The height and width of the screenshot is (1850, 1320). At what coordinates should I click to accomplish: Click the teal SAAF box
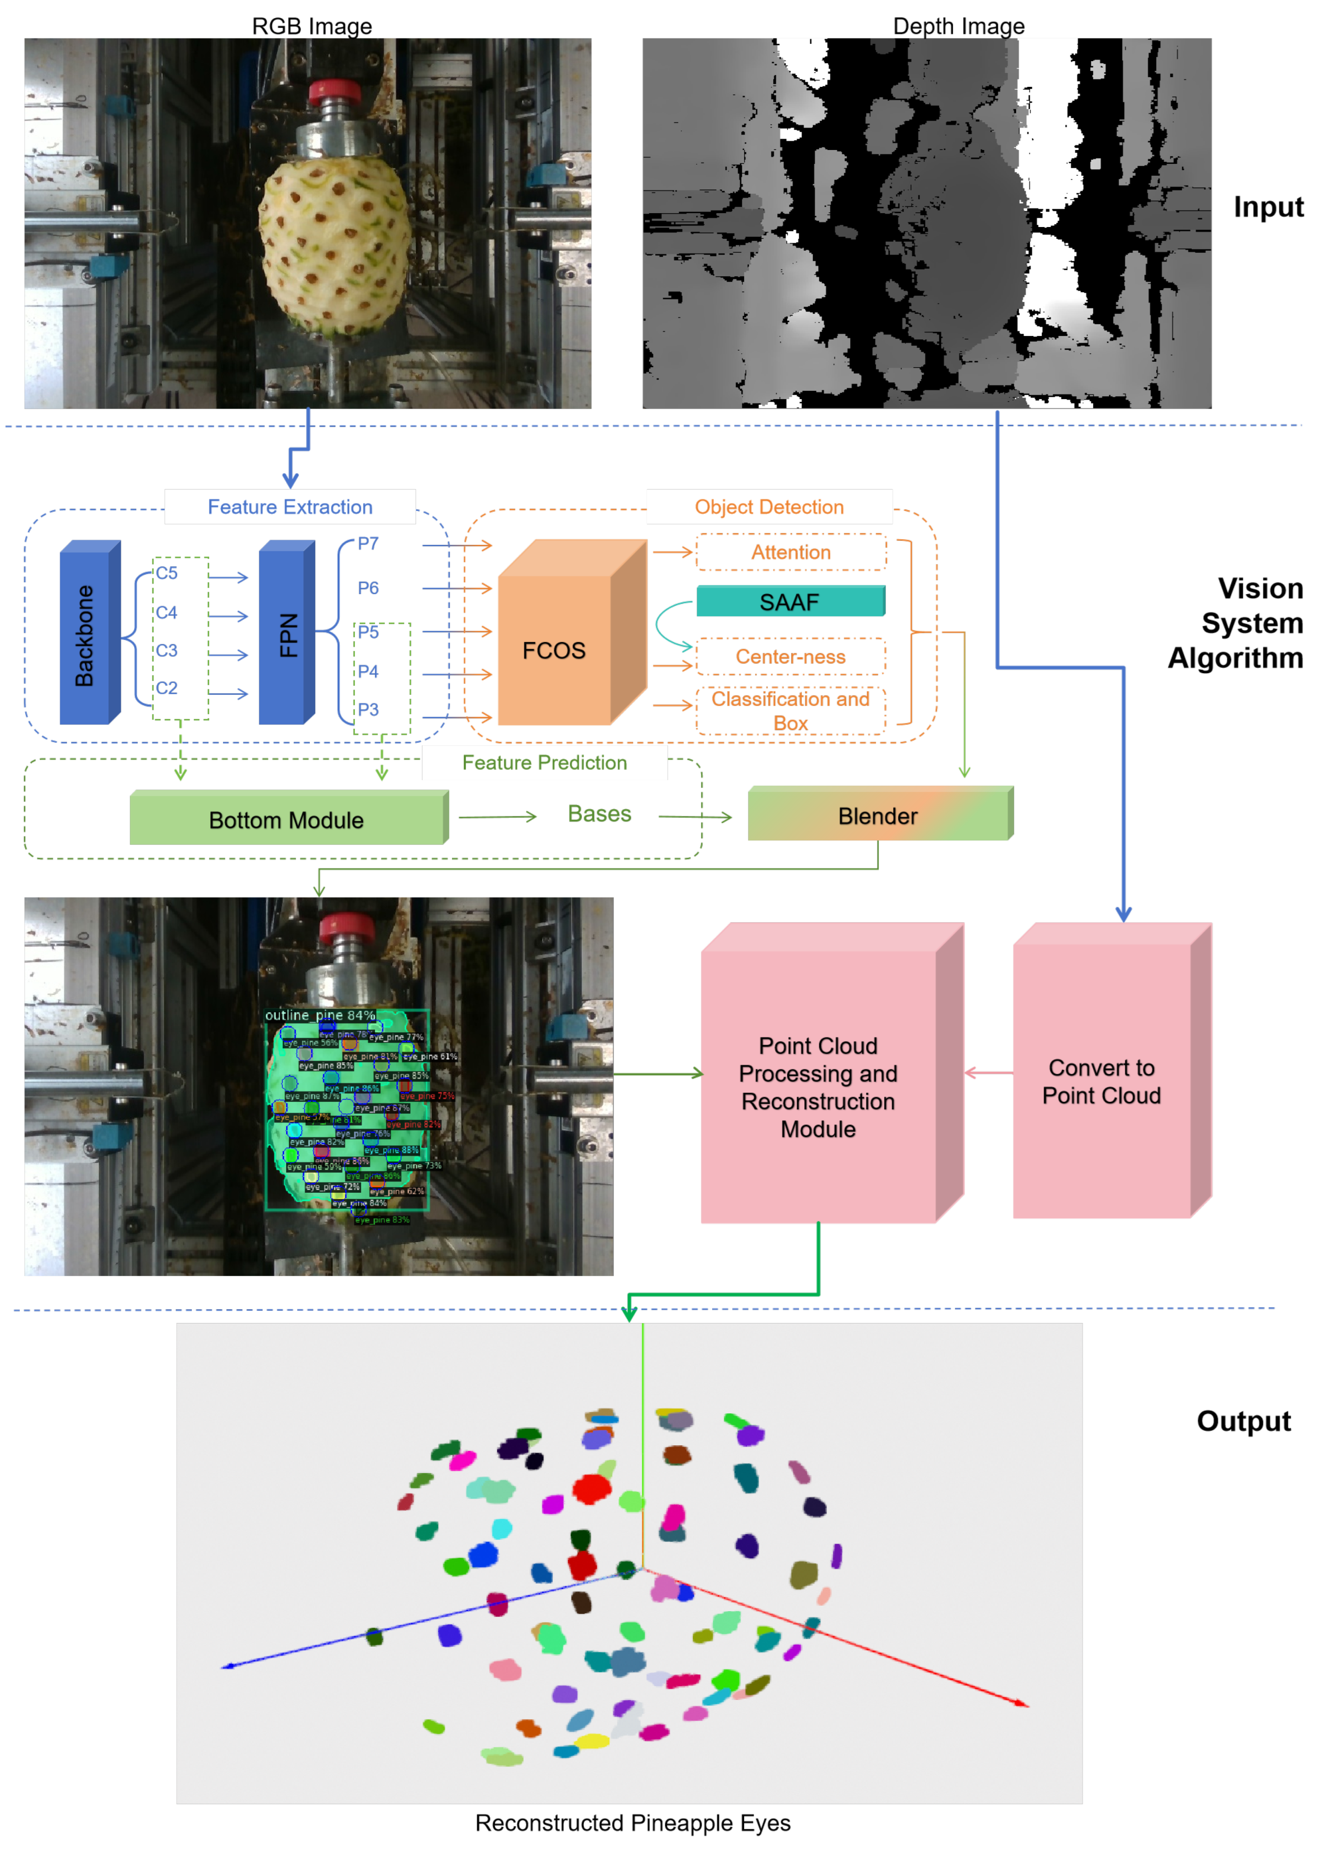[790, 602]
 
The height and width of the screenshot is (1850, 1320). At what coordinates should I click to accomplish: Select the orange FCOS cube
[554, 650]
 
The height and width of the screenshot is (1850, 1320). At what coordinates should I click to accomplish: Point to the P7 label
[368, 543]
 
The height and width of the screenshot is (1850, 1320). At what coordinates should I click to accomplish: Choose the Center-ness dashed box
[790, 657]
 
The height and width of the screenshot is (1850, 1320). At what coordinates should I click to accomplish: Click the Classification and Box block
[790, 711]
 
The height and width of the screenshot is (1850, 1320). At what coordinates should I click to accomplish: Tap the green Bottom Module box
[286, 819]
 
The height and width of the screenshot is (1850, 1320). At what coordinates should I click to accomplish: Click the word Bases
[599, 814]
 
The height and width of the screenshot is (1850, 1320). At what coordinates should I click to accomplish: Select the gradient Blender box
[878, 815]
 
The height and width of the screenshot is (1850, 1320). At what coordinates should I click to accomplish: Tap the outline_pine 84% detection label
[320, 1015]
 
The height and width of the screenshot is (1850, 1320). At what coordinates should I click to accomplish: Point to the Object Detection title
[769, 506]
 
